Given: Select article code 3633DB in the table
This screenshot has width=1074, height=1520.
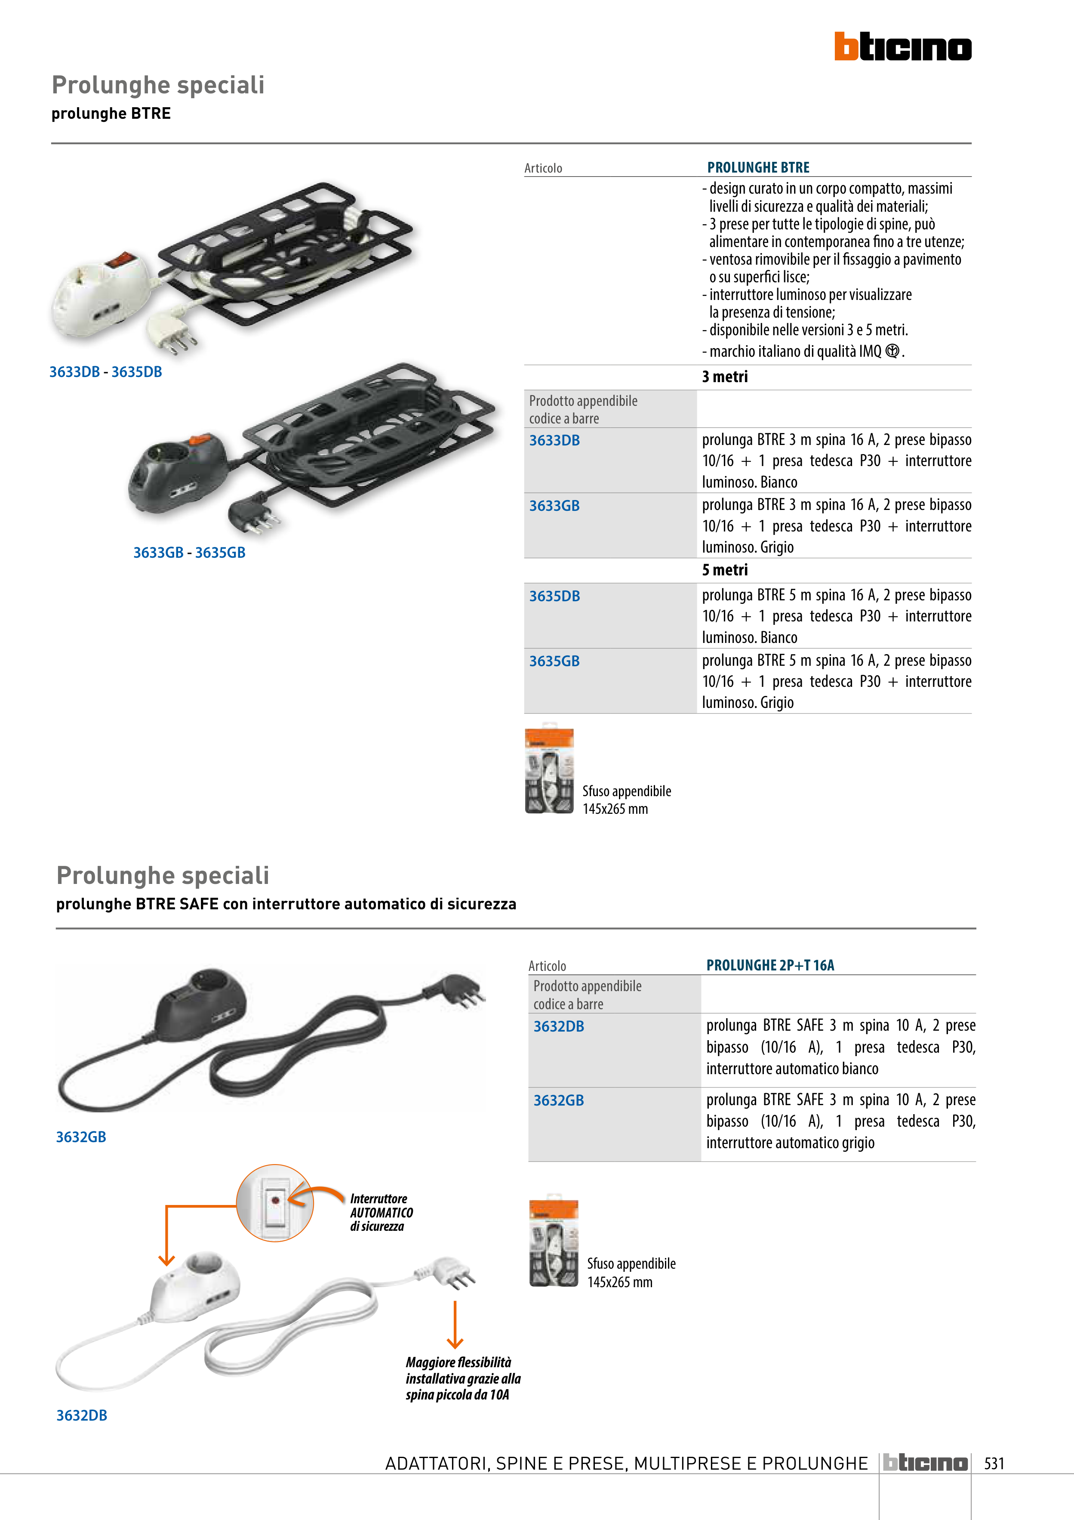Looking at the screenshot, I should pyautogui.click(x=554, y=440).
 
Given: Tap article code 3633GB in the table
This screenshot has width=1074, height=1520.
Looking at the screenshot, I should pyautogui.click(x=554, y=506).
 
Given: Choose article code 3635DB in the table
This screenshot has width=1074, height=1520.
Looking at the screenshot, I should pyautogui.click(x=554, y=596).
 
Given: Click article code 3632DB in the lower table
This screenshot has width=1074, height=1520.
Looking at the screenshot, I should pyautogui.click(x=559, y=1026).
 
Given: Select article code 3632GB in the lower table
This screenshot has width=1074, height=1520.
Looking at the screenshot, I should pyautogui.click(x=559, y=1100).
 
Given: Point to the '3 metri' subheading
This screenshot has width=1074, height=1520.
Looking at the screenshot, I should pyautogui.click(x=725, y=377).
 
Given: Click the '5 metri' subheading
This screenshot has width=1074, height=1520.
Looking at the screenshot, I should pyautogui.click(x=725, y=570).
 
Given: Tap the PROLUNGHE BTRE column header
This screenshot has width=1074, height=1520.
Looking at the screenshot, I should pyautogui.click(x=758, y=167).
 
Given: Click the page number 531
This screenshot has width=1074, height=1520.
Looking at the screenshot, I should pyautogui.click(x=994, y=1463).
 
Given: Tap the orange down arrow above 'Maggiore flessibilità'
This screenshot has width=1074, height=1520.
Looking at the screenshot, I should pyautogui.click(x=455, y=1325).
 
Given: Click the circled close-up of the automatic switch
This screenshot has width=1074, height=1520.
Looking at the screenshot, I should pyautogui.click(x=274, y=1203).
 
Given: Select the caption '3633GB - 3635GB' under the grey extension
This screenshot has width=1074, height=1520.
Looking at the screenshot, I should pyautogui.click(x=189, y=553).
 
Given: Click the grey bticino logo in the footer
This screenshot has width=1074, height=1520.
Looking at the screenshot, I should pyautogui.click(x=925, y=1463).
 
